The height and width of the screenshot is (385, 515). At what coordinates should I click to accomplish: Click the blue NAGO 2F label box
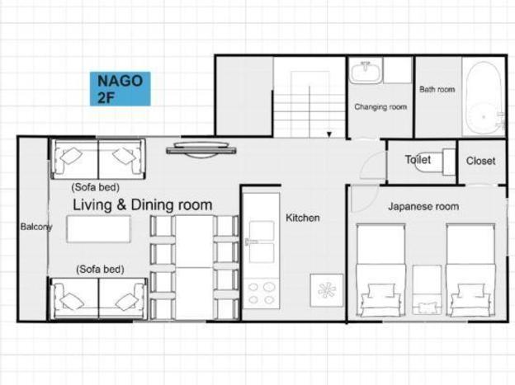[x=120, y=88]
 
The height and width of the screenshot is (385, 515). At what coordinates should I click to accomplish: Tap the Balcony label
[x=36, y=227]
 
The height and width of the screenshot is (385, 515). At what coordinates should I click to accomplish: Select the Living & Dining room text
[x=142, y=204]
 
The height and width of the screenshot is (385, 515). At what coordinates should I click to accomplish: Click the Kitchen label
[x=303, y=218]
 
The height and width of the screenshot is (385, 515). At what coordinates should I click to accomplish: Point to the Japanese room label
[x=423, y=206]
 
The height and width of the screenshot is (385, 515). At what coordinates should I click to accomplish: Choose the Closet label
[x=480, y=161]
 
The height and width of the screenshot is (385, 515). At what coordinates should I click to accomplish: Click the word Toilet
[x=418, y=159]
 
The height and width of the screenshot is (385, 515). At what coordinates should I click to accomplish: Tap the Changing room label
[x=380, y=107]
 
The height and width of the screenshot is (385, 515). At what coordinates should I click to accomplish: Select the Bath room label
[x=437, y=89]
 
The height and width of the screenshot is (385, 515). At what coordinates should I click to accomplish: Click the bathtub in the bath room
[x=484, y=98]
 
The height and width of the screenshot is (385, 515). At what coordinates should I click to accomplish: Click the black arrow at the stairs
[x=329, y=134]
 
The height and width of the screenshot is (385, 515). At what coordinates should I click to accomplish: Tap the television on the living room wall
[x=201, y=150]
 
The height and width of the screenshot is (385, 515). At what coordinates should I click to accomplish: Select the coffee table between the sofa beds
[x=98, y=228]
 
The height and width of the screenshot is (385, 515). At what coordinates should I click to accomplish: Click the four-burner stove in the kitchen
[x=262, y=293]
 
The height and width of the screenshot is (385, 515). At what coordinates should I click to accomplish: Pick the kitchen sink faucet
[x=251, y=242]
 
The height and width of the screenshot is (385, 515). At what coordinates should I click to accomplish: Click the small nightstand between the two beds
[x=427, y=289]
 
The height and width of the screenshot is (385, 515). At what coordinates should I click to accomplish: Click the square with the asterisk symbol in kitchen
[x=327, y=290]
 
